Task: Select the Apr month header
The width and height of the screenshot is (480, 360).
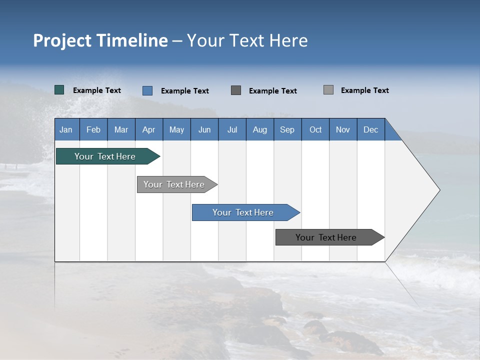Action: (149, 129)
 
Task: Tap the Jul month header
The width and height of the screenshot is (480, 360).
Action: (232, 129)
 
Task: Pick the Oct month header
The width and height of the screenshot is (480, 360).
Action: (315, 129)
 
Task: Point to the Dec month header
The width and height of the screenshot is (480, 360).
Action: (371, 129)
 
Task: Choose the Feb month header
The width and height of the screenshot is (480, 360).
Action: (93, 129)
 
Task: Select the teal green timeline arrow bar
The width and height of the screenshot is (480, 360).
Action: (108, 156)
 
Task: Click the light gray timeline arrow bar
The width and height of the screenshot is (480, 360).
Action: (177, 184)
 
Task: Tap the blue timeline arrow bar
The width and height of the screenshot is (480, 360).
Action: (246, 212)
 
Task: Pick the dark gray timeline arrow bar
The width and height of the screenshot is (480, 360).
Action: (330, 237)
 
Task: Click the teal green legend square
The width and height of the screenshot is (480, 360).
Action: (59, 90)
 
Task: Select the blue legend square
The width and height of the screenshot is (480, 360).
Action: (147, 90)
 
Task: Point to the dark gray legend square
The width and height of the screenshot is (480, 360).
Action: (236, 90)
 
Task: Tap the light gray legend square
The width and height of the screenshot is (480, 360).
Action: (328, 89)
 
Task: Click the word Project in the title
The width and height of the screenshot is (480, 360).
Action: (62, 41)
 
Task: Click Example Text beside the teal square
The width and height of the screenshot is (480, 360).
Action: (97, 90)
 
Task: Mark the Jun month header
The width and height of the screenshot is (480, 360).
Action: (204, 129)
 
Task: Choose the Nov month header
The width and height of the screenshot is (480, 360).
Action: (343, 129)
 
